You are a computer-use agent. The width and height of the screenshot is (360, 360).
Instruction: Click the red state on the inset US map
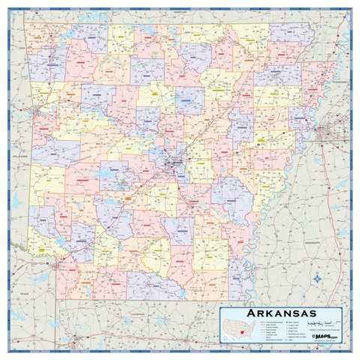(243, 332)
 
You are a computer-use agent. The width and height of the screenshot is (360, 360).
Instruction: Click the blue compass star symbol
(318, 279)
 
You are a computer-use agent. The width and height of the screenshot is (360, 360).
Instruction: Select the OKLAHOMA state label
(18, 155)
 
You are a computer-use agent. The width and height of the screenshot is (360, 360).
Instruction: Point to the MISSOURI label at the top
(180, 13)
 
